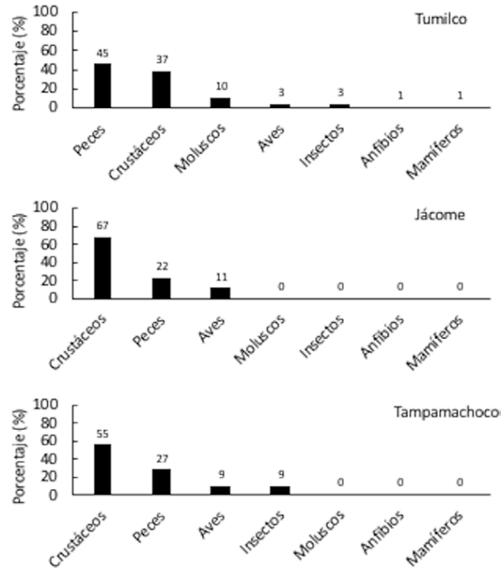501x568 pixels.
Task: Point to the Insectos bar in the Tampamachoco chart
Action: pyautogui.click(x=279, y=490)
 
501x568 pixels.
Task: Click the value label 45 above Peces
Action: pyautogui.click(x=102, y=53)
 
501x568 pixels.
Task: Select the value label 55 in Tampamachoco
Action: pyautogui.click(x=102, y=434)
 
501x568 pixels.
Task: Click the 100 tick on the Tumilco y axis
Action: pyautogui.click(x=48, y=12)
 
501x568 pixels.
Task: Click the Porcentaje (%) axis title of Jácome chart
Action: pyautogui.click(x=17, y=254)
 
